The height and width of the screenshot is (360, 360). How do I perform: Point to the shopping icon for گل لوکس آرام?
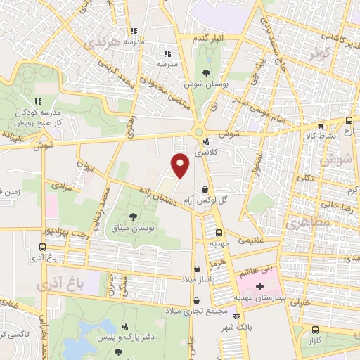point(205,190)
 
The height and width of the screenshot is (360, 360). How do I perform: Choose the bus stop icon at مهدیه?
point(219,233)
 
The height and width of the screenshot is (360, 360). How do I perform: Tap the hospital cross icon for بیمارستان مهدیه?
point(259,286)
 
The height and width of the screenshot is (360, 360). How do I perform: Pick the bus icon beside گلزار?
point(316,330)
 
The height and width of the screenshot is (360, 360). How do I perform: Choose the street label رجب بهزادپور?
point(64,232)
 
